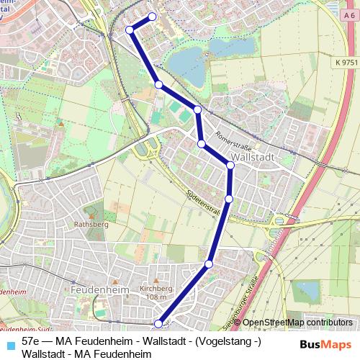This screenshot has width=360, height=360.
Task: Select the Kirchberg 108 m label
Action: (154, 292)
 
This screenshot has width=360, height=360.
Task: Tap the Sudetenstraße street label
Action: (202, 198)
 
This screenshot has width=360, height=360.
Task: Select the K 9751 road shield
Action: (346, 63)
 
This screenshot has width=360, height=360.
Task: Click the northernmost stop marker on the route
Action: (152, 17)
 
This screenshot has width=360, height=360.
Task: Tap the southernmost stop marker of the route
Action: (158, 324)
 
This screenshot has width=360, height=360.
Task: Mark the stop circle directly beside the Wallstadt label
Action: (230, 166)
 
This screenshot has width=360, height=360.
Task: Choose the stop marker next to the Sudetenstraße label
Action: (229, 198)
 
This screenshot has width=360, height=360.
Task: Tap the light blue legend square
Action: (9, 342)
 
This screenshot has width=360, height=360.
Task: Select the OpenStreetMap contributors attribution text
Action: (297, 323)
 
